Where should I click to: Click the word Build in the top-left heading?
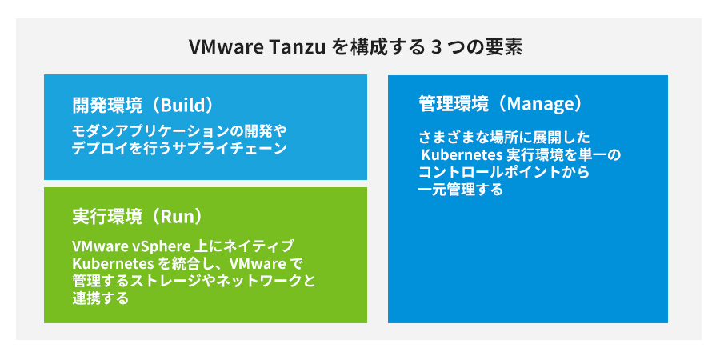click(x=180, y=105)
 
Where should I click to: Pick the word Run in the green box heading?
click(x=177, y=218)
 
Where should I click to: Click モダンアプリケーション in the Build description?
click(x=144, y=131)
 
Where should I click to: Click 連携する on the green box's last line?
click(x=100, y=299)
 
